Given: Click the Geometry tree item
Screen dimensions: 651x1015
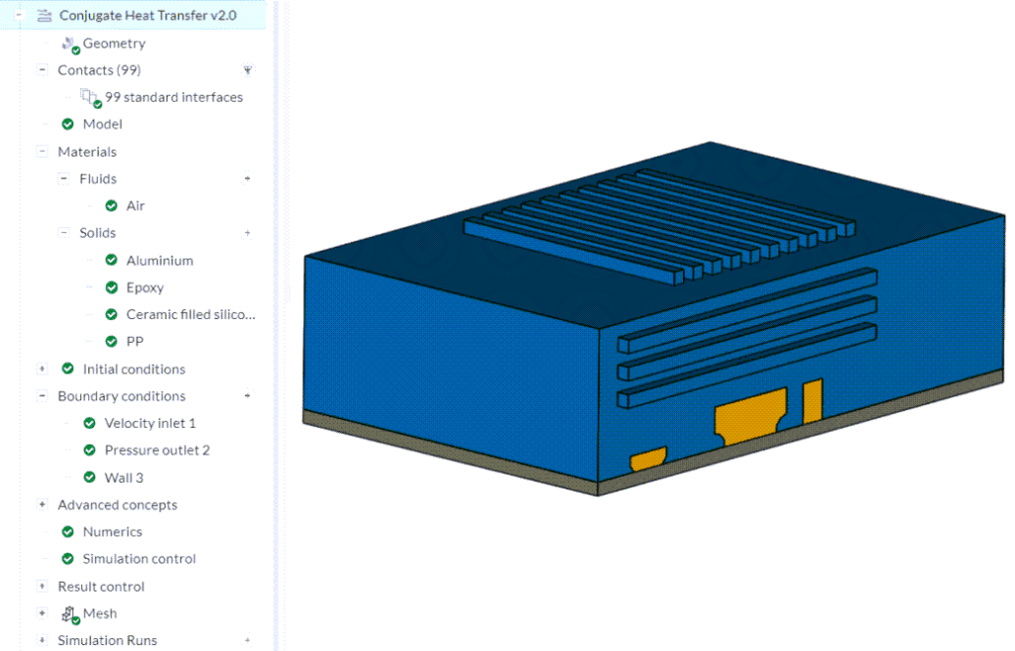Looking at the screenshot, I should [x=114, y=44].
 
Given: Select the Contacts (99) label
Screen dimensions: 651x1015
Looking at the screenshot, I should [x=99, y=70].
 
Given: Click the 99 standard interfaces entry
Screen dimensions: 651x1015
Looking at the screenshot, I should [x=173, y=97].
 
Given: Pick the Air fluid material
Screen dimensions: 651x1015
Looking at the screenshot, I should [x=136, y=206].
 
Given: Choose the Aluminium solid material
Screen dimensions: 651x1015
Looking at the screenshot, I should [x=160, y=261].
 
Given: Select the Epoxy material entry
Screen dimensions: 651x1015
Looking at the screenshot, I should [x=145, y=287].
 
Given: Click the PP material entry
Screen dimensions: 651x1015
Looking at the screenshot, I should [x=136, y=342].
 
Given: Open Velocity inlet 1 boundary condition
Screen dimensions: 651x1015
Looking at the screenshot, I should [x=150, y=423].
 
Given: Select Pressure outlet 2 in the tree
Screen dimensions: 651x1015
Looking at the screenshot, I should [x=157, y=450].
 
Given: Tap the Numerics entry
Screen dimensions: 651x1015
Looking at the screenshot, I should [x=112, y=532].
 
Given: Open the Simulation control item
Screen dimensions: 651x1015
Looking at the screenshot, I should [x=139, y=559].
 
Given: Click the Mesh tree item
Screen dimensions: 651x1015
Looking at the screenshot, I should [x=100, y=613].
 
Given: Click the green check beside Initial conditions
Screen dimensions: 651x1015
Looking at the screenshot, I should [x=68, y=369].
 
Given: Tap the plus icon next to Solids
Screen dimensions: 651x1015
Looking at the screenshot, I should [x=247, y=233].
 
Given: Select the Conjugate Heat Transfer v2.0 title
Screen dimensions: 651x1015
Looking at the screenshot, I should [x=148, y=16].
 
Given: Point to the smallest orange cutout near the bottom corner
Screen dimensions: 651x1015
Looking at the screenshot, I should [x=647, y=459].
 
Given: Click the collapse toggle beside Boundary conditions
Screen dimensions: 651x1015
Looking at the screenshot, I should [x=42, y=396].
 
